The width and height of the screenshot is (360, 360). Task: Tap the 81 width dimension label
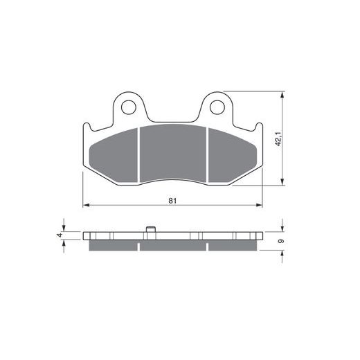pos(172,201)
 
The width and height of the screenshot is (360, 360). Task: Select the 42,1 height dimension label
pos(278,138)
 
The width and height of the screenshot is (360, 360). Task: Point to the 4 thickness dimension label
pos(60,235)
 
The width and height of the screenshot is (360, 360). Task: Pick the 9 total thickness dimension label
pos(281,241)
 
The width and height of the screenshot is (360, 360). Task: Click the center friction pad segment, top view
pos(173,153)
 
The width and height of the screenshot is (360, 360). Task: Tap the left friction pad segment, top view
pos(114,155)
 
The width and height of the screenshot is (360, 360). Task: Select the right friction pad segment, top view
pos(233,155)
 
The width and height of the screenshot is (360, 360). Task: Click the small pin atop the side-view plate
pos(150,229)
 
